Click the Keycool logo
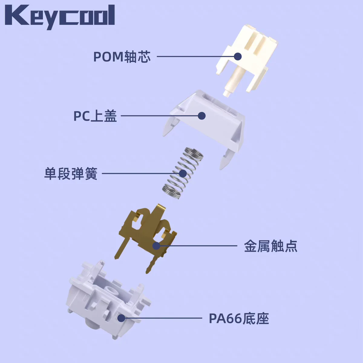point(60,17)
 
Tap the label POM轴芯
point(122,57)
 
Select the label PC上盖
point(95,116)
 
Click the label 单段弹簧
point(71,174)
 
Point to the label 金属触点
point(271,246)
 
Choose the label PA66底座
point(239,318)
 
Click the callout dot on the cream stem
point(238,56)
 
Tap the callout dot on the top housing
point(201,116)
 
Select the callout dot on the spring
point(183,174)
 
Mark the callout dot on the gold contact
point(156,246)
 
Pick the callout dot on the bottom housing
point(122,318)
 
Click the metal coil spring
point(182,173)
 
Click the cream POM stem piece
point(247,60)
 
